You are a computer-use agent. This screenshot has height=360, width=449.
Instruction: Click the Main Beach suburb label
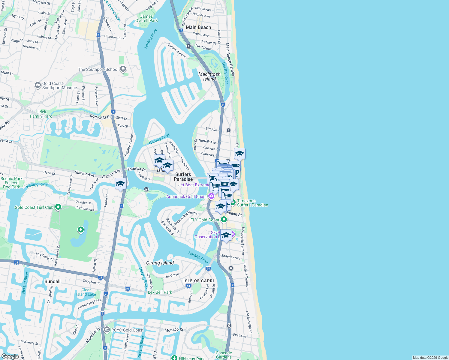point(198,27)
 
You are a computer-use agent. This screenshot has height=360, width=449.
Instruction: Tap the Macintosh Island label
point(209,76)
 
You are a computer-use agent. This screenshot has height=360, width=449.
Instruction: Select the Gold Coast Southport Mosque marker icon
point(38,85)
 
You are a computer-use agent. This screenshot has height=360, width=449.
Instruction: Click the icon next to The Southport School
point(123,69)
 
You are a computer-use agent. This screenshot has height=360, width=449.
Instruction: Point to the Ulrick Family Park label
point(41,114)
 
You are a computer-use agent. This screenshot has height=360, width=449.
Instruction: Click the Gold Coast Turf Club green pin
point(58,207)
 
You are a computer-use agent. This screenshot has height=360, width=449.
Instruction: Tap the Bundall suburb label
point(53,281)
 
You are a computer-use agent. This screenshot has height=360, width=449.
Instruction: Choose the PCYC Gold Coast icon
point(107,330)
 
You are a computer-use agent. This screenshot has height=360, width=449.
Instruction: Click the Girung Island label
point(160,263)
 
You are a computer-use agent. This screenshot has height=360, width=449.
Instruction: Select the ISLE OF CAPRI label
point(199,281)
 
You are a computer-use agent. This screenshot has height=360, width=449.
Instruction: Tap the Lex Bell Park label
point(160,292)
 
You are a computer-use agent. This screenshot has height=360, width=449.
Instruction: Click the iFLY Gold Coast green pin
point(224,220)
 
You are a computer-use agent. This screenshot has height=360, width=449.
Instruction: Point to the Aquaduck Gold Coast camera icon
point(211,196)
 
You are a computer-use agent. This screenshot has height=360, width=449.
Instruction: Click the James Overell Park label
point(146,19)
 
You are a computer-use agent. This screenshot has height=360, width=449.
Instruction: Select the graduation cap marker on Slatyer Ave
point(120,184)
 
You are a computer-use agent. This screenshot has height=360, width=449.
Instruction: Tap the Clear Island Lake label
point(86,292)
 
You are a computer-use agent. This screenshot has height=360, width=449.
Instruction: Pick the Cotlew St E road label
point(100,117)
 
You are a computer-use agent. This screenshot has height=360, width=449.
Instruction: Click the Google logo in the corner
point(10,356)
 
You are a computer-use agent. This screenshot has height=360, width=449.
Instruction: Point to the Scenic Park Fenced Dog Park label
point(12,183)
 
